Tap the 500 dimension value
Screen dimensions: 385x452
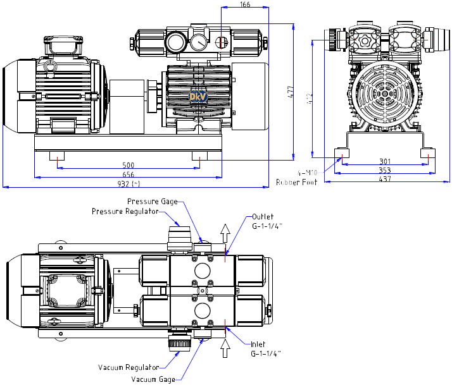pos(129,165)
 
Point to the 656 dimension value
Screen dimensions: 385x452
pos(129,174)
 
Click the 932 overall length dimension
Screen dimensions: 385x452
pos(131,183)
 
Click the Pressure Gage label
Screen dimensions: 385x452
pos(160,202)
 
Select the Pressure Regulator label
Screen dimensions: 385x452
pos(125,211)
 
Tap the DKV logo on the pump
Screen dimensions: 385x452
pos(196,96)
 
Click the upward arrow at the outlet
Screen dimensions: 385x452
pos(225,232)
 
